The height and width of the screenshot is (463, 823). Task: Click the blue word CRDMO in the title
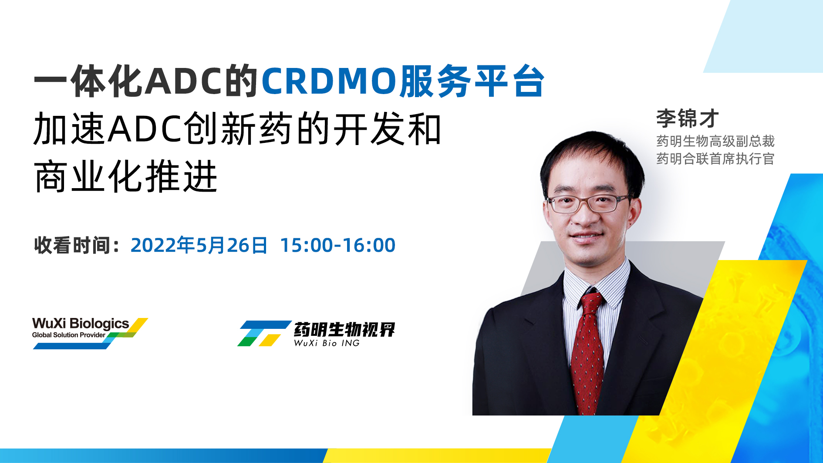point(330,81)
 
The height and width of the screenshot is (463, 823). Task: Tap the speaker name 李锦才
point(687,118)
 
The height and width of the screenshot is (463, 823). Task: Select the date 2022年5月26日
point(199,245)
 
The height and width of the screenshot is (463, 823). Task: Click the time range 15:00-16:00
point(337,245)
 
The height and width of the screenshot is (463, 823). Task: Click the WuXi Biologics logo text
point(81,324)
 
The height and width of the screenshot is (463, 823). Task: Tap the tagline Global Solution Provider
point(69,335)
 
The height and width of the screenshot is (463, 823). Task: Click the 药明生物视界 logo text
point(344,330)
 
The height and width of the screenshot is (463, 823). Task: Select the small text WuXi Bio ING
point(327,343)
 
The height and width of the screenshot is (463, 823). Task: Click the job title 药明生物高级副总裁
point(715,141)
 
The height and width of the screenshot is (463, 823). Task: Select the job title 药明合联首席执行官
point(715,159)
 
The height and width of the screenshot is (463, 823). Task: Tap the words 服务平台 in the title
point(472,81)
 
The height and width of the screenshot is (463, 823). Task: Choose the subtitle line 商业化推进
point(126,176)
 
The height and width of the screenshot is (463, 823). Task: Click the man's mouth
point(586,236)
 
